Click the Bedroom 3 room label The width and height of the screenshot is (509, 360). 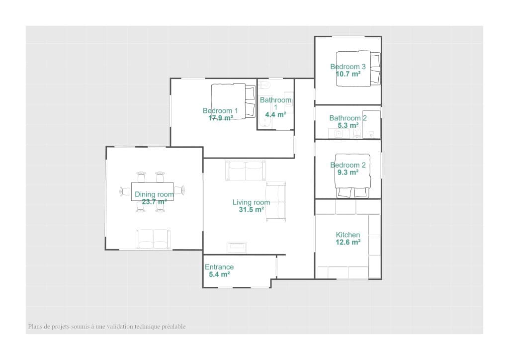click(x=348, y=67)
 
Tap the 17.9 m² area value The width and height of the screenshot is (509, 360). click(x=221, y=118)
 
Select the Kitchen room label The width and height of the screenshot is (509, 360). click(x=348, y=235)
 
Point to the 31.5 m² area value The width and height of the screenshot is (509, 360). click(x=251, y=210)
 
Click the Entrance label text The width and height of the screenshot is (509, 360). click(x=219, y=267)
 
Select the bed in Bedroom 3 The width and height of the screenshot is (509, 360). click(x=358, y=68)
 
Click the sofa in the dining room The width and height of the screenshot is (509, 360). click(x=153, y=239)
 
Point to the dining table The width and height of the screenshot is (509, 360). click(x=153, y=192)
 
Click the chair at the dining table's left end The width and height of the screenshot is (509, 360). click(x=125, y=191)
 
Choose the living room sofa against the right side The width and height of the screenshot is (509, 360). click(x=275, y=201)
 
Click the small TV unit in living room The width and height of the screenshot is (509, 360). click(x=237, y=247)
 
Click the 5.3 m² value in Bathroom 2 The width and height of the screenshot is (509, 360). click(x=348, y=126)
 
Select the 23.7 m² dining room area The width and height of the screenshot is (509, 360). click(x=154, y=202)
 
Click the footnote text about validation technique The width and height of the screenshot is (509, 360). click(x=107, y=327)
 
